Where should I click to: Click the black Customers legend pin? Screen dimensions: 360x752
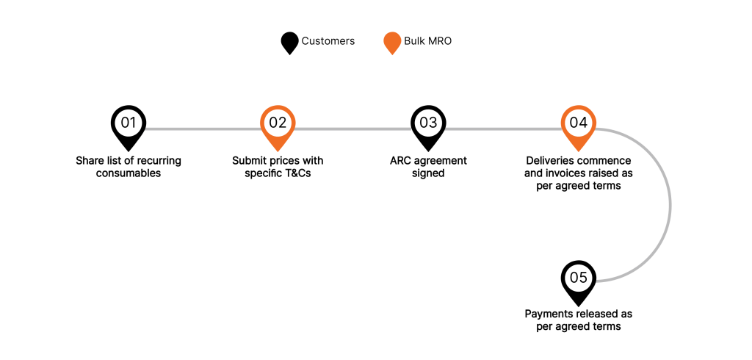(290, 42)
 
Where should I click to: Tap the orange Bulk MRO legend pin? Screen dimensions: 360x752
(392, 42)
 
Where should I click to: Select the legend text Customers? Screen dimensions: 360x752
(328, 41)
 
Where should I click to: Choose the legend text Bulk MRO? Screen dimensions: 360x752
(428, 41)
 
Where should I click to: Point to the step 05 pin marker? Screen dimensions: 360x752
(579, 278)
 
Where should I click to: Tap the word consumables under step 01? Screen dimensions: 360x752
(129, 173)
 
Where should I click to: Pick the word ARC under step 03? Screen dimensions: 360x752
(401, 161)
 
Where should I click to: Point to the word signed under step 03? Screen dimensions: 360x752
(428, 173)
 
